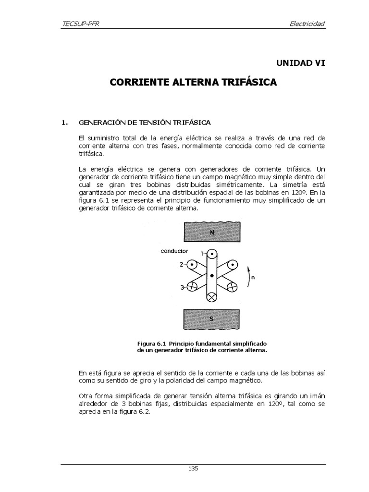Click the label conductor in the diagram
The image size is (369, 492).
click(175, 251)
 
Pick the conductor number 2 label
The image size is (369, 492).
click(182, 264)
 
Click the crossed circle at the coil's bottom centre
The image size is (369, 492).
click(212, 297)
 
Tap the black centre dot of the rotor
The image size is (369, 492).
click(212, 275)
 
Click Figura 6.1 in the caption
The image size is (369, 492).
click(152, 344)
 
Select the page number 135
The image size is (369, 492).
click(193, 468)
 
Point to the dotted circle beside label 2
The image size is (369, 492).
click(192, 264)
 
